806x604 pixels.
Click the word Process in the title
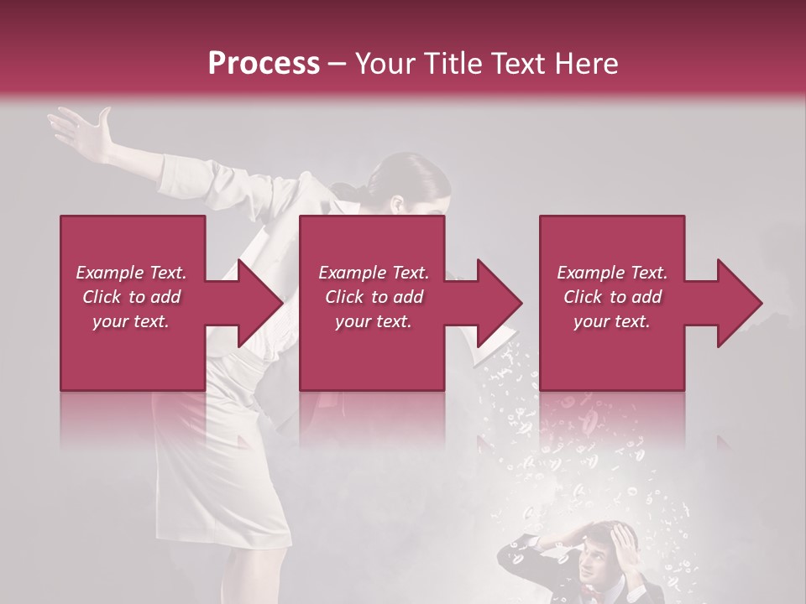coord(264,63)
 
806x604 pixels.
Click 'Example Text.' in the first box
coord(132,273)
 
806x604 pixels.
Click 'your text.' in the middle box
coord(374,321)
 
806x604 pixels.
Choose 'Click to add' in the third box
coord(612,297)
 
